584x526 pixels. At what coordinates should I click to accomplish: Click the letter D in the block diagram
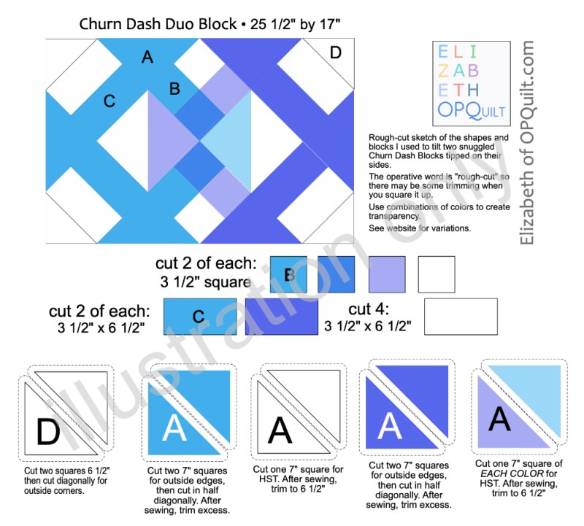(336, 53)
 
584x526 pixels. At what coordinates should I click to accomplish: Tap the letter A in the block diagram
(147, 58)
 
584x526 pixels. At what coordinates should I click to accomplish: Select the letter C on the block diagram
(109, 101)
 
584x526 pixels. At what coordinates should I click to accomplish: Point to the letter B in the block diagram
(174, 89)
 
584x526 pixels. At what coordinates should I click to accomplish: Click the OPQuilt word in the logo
(471, 110)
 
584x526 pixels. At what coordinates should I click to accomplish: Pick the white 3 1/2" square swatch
(437, 274)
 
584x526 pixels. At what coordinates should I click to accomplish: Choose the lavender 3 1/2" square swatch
(387, 274)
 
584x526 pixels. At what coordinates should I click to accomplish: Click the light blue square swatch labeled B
(288, 274)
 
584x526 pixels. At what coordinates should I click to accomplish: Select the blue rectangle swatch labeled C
(200, 317)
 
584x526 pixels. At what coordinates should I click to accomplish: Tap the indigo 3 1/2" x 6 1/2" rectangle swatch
(282, 317)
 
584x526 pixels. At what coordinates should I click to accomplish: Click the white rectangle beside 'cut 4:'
(461, 317)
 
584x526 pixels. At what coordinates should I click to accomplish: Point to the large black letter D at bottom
(48, 431)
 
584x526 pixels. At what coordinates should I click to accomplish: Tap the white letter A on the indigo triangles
(390, 425)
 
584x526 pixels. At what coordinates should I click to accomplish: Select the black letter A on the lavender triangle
(499, 419)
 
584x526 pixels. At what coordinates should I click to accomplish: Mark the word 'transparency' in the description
(394, 216)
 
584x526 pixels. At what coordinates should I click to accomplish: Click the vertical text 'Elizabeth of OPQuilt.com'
(527, 142)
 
